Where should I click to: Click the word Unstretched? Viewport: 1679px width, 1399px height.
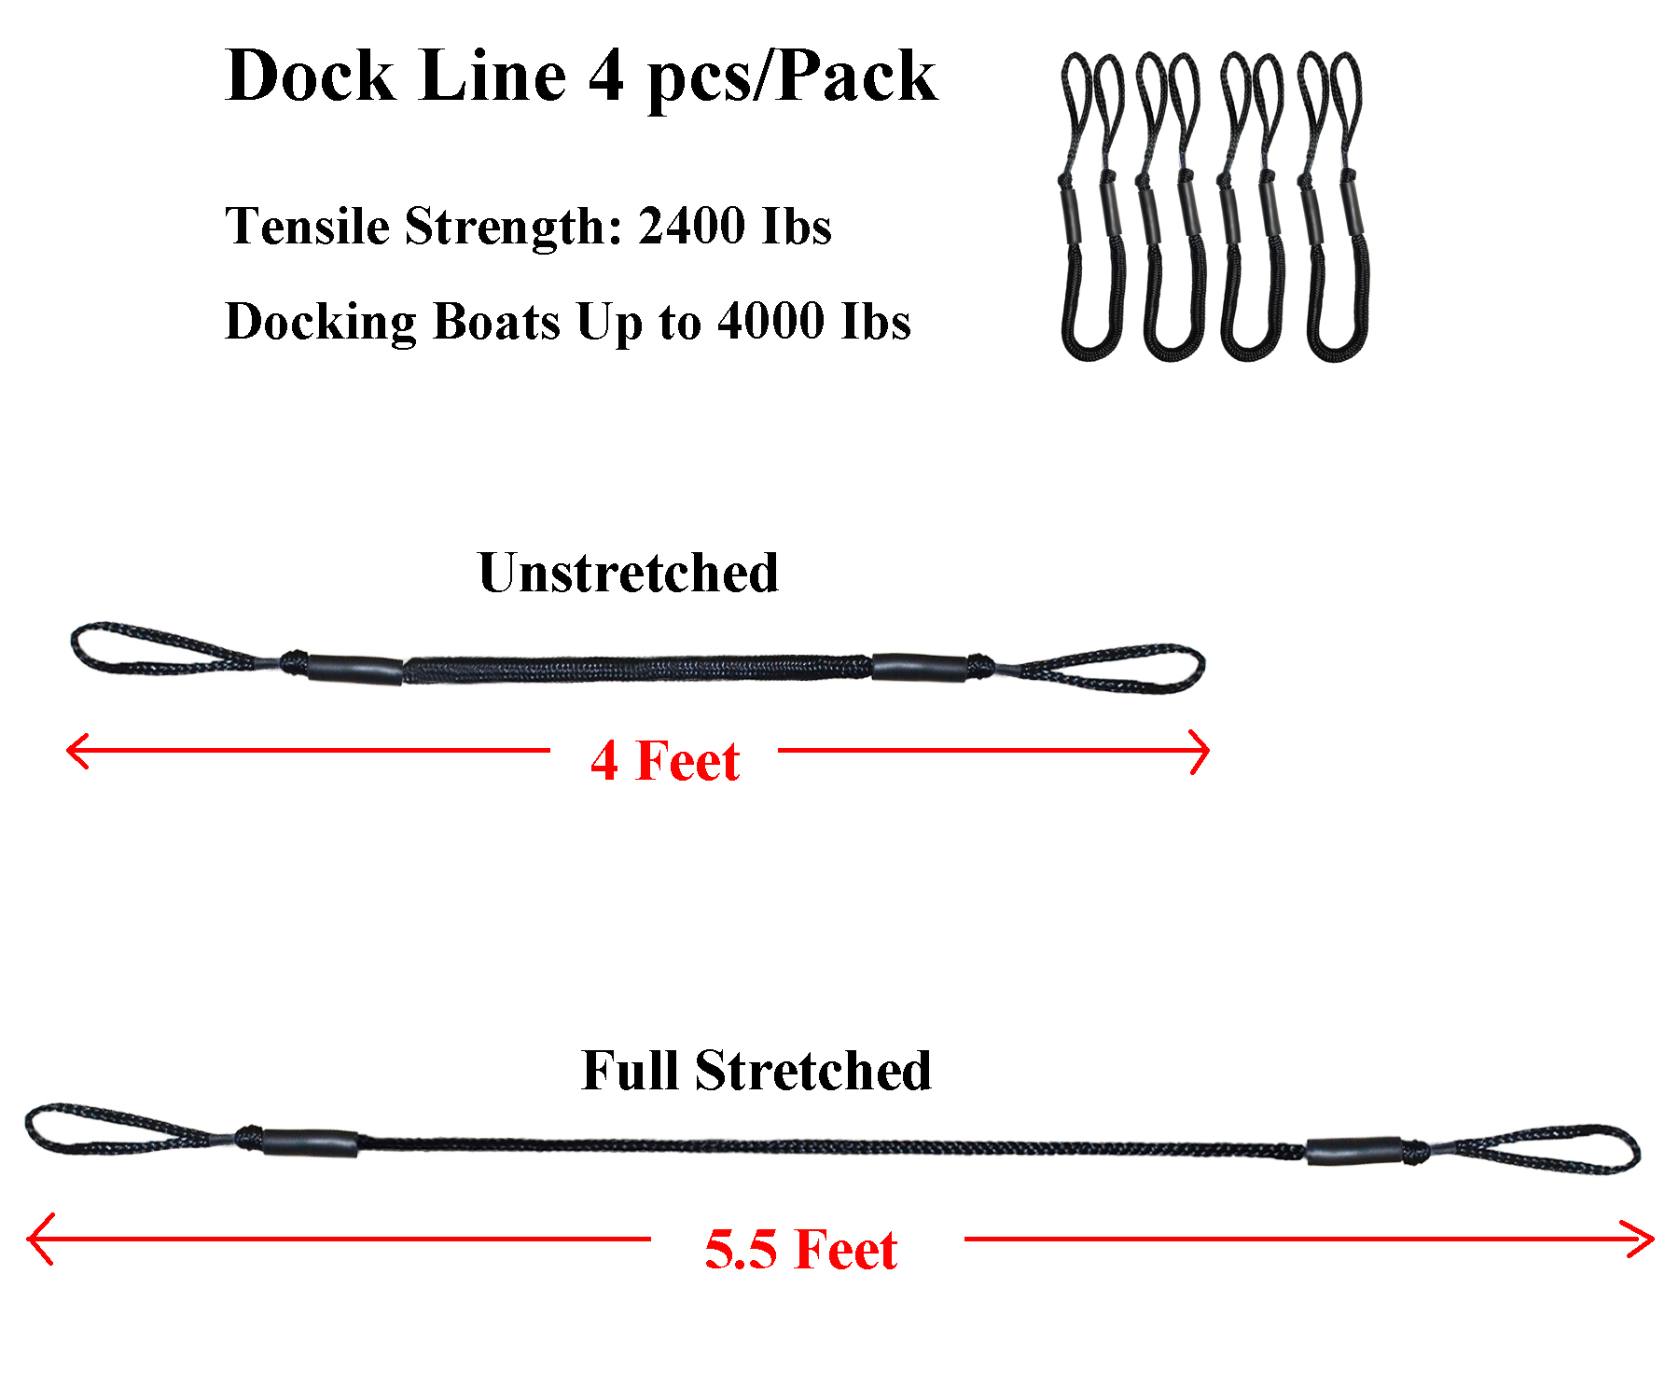628,573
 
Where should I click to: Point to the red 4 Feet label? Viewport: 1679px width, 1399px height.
664,761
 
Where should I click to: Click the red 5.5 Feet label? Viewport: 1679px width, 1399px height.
800,1250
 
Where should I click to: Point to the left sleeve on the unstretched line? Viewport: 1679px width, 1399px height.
354,670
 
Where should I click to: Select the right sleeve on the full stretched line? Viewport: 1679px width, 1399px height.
1353,1152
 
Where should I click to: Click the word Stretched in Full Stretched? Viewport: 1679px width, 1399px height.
812,1071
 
